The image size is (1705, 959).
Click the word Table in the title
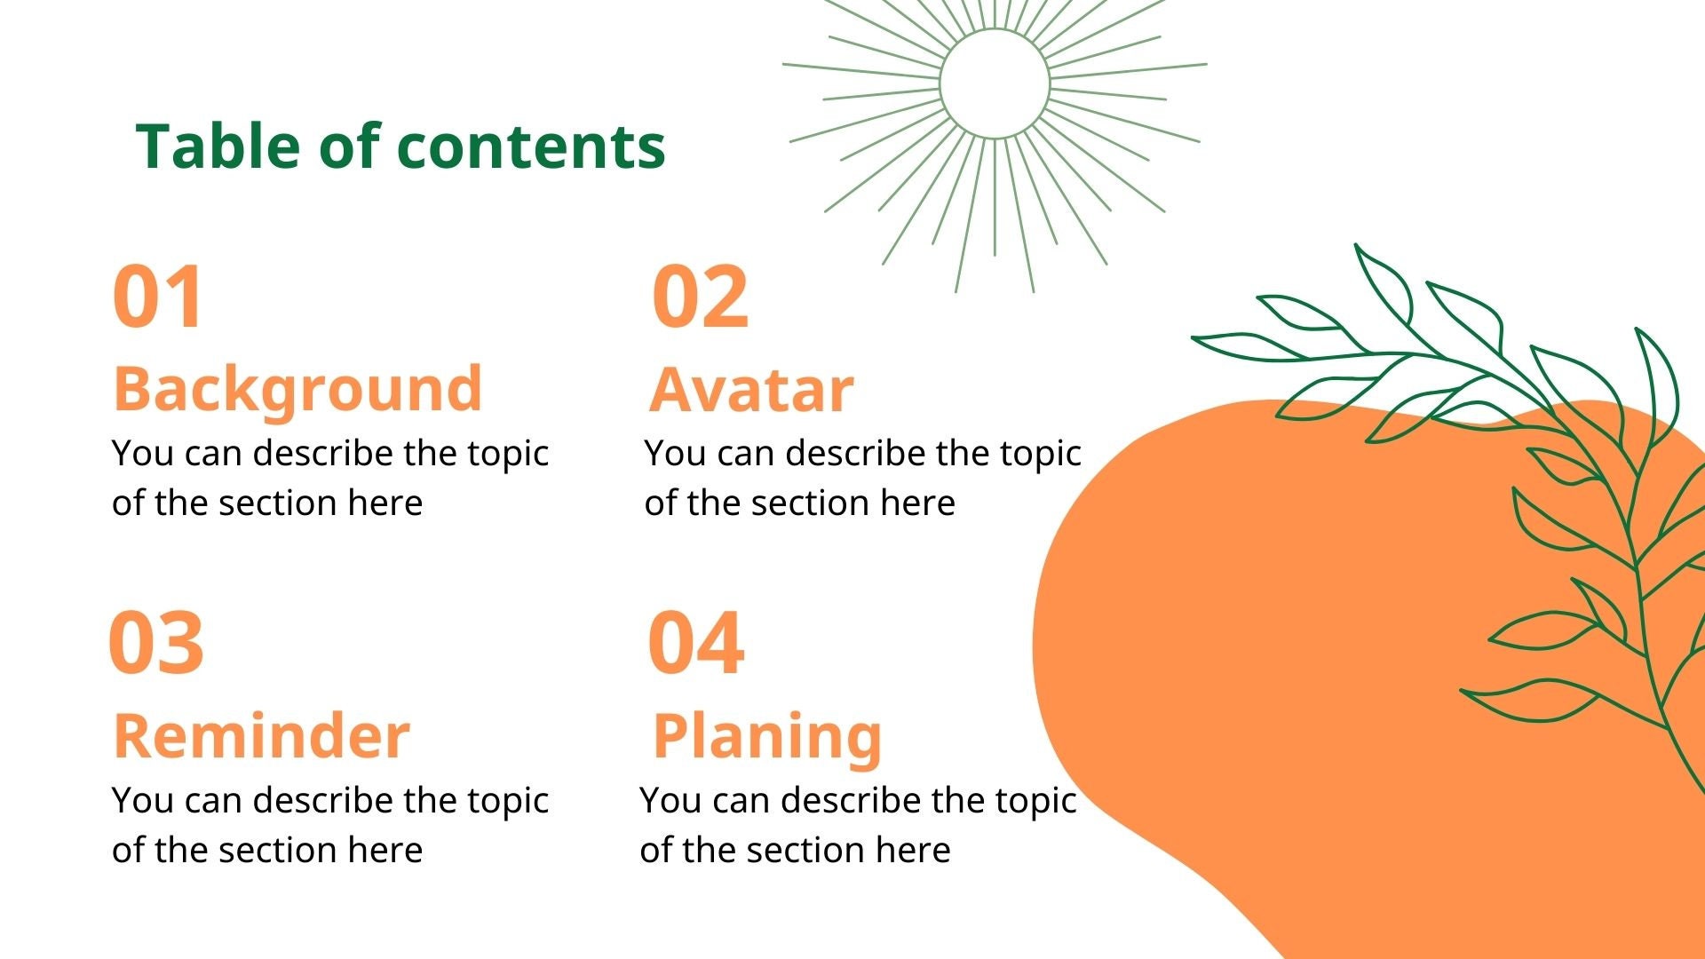pyautogui.click(x=218, y=147)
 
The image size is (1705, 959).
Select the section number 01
pyautogui.click(x=158, y=297)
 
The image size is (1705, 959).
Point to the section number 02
pyautogui.click(x=700, y=297)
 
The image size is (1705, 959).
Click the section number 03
pyautogui.click(x=156, y=643)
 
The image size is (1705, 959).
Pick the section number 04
pyautogui.click(x=695, y=643)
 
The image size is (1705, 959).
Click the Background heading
pyautogui.click(x=297, y=389)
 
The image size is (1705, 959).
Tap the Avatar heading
pyautogui.click(x=751, y=389)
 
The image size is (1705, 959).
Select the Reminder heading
pyautogui.click(x=262, y=736)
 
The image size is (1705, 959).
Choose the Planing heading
pyautogui.click(x=767, y=736)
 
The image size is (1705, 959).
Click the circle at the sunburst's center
pyautogui.click(x=995, y=83)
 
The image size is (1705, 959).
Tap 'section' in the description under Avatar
pyautogui.click(x=811, y=503)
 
